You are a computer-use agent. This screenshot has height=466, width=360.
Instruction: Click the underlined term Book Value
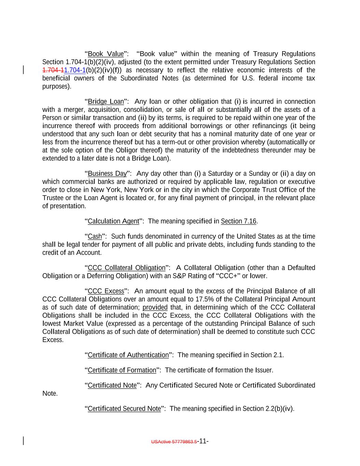[x=106, y=54]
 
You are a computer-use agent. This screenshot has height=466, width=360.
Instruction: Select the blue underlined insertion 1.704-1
[x=75, y=70]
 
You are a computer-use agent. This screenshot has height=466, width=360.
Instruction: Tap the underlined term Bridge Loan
[x=106, y=102]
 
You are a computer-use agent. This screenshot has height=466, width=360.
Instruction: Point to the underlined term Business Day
[x=107, y=174]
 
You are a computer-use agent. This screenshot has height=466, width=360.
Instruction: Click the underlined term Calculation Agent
[x=113, y=221]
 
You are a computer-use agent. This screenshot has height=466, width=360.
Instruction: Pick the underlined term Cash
[x=95, y=237]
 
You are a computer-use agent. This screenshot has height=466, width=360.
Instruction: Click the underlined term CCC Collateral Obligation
[x=127, y=268]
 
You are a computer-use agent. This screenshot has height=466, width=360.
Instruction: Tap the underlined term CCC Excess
[x=106, y=291]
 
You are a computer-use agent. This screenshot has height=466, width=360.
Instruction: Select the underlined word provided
[x=155, y=308]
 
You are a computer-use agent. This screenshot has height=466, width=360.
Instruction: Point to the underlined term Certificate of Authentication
[x=128, y=355]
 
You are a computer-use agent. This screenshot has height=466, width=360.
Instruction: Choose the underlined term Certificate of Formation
[x=122, y=370]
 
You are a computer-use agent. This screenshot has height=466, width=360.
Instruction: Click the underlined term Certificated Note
[x=112, y=385]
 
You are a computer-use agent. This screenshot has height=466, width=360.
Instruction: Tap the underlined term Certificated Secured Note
[x=124, y=409]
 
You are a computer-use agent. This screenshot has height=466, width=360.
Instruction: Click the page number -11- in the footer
[x=203, y=441]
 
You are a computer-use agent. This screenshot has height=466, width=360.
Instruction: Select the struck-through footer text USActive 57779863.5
[x=174, y=442]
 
